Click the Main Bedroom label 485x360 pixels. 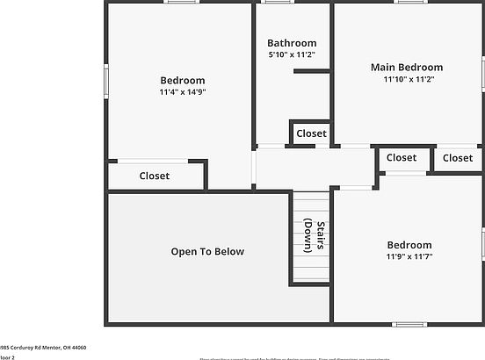pos(406,67)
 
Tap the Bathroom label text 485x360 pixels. pos(292,43)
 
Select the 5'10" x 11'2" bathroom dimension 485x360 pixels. pos(292,55)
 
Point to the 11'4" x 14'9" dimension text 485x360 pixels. pos(183,92)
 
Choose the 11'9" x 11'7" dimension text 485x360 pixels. pos(409,257)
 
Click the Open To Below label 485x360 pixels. pos(207,252)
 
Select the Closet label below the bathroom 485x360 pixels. pos(311,133)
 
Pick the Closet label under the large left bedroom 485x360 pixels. pos(155,176)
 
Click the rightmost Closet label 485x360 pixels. pos(457,158)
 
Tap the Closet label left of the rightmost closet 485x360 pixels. pos(402,158)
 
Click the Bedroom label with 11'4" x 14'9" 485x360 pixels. pos(183,80)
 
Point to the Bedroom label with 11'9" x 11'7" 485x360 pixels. pos(409,245)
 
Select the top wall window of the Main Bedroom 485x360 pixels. pos(407,2)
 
